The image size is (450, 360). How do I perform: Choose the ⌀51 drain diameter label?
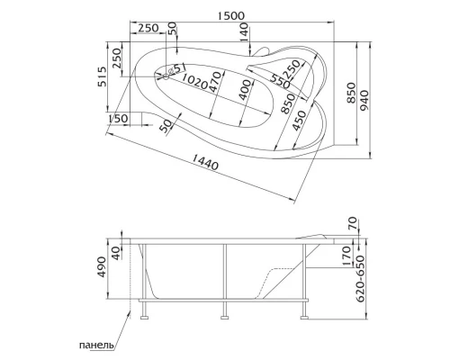(176, 68)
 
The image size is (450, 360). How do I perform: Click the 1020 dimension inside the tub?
(196, 81)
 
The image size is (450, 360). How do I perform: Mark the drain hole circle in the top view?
(166, 76)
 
